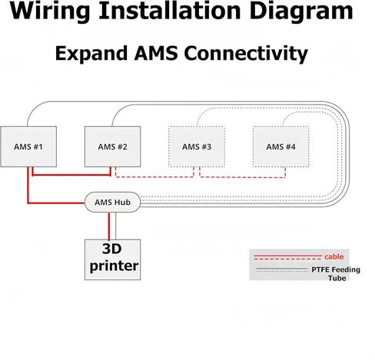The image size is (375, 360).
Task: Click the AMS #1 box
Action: coord(28,147)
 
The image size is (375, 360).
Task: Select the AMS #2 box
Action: coord(112,147)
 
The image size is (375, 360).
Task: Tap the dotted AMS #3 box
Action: coord(197,147)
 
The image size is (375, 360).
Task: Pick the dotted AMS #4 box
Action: coord(280,147)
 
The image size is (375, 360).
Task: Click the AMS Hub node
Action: coord(112,202)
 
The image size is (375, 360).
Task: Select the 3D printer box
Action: coord(112,259)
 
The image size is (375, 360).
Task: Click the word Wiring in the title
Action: coord(50,12)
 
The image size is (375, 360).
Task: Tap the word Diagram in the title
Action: coord(301,12)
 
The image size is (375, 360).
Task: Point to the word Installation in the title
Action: coord(170,10)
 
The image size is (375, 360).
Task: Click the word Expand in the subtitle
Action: coord(91,53)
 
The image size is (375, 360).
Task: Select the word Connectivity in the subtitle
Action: coord(246,54)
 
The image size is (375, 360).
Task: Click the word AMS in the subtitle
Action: coord(156,53)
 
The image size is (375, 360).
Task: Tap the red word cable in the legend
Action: coord(334,256)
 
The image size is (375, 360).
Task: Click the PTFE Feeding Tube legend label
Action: coord(336,273)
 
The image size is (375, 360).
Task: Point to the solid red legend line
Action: coord(287,256)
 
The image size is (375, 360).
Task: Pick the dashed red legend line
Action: coord(287,259)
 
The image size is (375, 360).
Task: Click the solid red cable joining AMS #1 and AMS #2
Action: coord(71,175)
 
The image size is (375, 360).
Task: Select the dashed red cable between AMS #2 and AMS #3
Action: coord(154,177)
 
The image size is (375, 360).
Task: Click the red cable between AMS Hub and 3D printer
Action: coord(109,226)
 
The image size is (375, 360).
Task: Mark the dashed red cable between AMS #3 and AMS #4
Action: coord(243,177)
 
